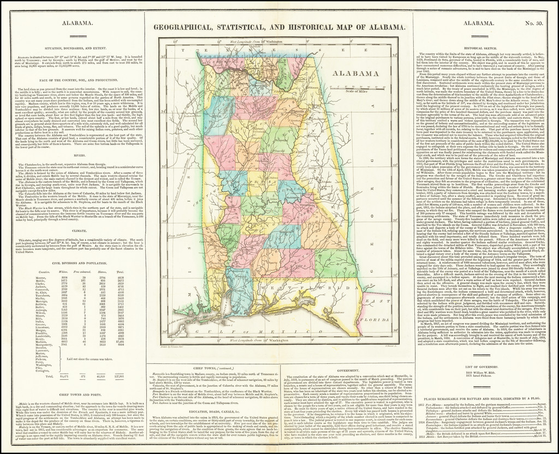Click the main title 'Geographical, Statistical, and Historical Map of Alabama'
[279, 27]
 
